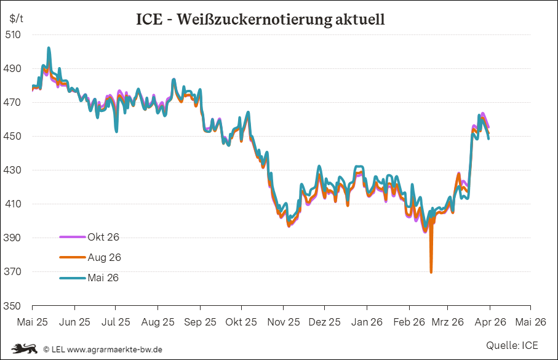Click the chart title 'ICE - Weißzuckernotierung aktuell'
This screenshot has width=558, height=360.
[260, 19]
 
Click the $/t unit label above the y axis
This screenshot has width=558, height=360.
[16, 18]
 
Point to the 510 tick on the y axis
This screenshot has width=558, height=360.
[13, 34]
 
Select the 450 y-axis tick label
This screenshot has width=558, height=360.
[13, 136]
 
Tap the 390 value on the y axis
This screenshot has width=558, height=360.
[13, 238]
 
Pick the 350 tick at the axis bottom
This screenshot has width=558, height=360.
[13, 306]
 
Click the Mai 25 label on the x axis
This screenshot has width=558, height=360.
[32, 322]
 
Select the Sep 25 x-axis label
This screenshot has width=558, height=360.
[200, 322]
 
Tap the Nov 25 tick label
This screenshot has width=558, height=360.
[284, 322]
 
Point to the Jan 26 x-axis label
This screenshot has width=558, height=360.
[367, 322]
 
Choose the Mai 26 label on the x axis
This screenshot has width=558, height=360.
[530, 322]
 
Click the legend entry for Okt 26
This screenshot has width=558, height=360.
[103, 237]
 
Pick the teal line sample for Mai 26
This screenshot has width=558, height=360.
[73, 278]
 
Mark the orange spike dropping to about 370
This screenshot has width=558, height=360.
[431, 271]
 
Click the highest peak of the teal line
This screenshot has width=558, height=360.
[49, 48]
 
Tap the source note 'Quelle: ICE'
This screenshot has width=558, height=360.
[512, 345]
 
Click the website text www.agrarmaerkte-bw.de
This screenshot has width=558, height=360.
[114, 350]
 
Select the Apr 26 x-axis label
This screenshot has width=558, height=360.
[490, 322]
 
